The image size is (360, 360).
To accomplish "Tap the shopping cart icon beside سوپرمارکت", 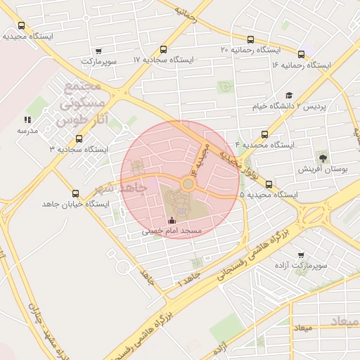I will point(98,51).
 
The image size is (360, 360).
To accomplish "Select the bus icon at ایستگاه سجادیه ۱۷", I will point(163,49).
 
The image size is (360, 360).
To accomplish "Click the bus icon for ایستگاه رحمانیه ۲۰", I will point(251,39).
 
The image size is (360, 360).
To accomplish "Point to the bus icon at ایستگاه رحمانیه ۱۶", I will point(302,54).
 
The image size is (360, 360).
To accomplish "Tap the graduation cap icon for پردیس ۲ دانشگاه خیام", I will point(289,96).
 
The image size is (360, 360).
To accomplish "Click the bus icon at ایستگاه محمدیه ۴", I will point(265,134).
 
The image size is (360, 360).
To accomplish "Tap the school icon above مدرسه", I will point(27,120).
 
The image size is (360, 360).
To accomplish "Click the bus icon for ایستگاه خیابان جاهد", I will point(76,193).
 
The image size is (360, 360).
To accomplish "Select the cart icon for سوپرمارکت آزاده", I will point(301,255).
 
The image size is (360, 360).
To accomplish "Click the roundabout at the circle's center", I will point(188,184).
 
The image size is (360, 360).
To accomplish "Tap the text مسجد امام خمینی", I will point(172,231).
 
